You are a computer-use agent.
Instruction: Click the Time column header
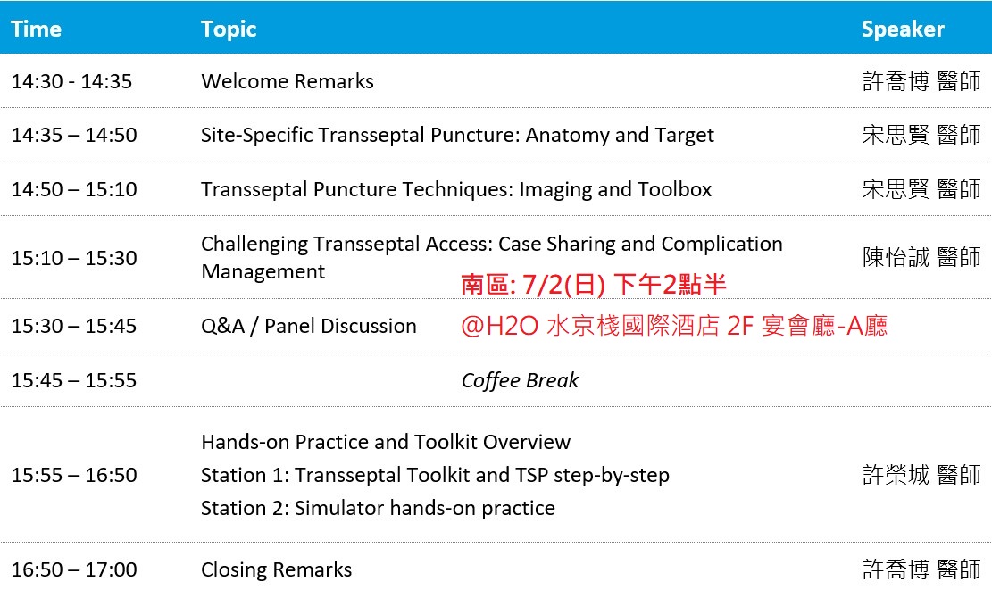click(x=36, y=29)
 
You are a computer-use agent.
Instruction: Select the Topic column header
click(x=229, y=29)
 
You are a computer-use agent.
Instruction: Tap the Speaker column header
click(x=903, y=29)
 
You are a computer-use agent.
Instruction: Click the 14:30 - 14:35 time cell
click(x=71, y=81)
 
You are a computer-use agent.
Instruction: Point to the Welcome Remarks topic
click(x=288, y=81)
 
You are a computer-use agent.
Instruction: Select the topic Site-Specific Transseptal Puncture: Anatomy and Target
click(x=457, y=136)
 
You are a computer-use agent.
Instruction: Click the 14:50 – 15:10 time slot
click(x=74, y=190)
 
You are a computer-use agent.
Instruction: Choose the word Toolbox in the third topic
click(x=674, y=190)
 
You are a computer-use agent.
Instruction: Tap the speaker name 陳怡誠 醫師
click(x=921, y=257)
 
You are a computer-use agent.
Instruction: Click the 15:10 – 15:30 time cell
click(x=74, y=258)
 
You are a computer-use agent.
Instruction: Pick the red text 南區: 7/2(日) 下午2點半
click(x=594, y=285)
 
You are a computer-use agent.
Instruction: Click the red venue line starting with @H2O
click(x=674, y=327)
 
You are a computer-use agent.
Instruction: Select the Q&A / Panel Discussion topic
click(x=309, y=327)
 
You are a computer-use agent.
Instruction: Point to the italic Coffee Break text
click(x=520, y=380)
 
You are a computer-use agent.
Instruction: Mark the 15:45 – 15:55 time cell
click(x=74, y=380)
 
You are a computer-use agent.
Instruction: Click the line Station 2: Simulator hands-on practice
click(x=378, y=509)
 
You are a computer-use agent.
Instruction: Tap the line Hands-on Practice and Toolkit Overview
click(x=386, y=442)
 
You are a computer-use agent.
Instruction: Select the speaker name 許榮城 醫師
click(x=921, y=475)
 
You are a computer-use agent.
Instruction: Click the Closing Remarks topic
click(x=277, y=569)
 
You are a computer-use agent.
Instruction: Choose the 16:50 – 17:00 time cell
click(x=74, y=569)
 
